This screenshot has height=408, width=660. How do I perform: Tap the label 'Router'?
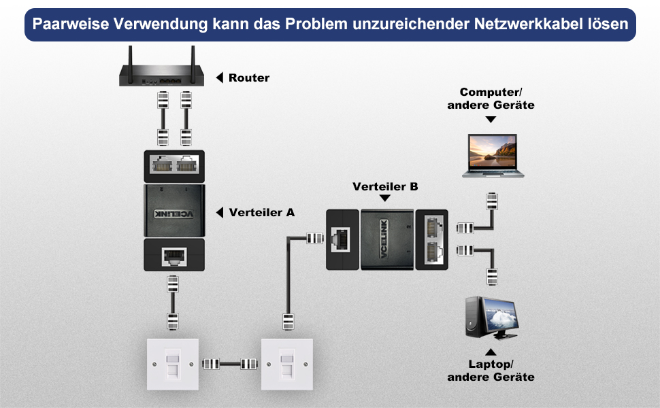coord(249,78)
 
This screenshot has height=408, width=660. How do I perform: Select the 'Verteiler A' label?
coord(262,212)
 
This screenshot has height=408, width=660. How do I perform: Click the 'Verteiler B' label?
coord(385,186)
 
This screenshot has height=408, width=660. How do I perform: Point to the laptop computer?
coord(493,155)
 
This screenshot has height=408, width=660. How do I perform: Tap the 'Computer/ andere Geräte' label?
coord(491,99)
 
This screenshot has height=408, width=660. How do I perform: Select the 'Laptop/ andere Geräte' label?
coord(491,370)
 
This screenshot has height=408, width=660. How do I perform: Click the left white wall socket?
coord(173,364)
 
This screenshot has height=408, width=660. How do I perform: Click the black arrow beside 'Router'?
coord(220,78)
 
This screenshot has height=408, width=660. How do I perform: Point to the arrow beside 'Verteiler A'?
coord(220,213)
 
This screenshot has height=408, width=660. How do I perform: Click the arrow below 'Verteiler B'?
coord(385,198)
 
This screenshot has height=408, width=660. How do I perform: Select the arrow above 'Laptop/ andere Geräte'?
coord(491,352)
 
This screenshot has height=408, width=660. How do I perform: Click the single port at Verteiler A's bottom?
coord(173,257)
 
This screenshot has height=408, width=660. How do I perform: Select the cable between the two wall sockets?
coord(230,363)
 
